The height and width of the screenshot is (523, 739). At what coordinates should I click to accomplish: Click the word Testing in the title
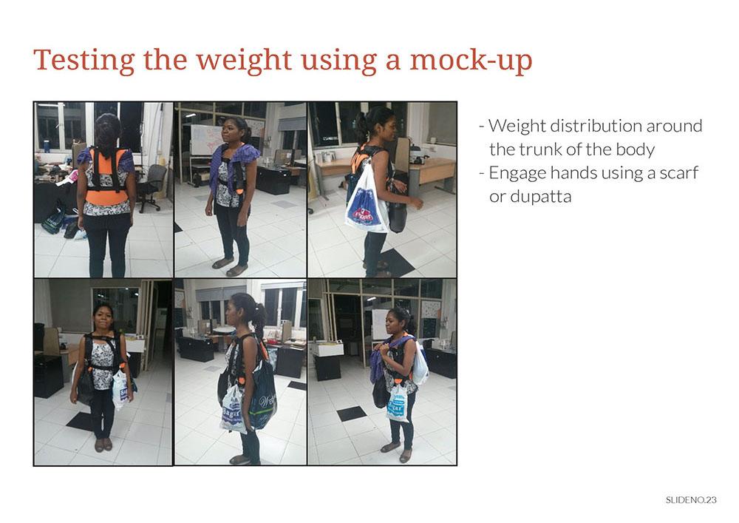[x=84, y=61]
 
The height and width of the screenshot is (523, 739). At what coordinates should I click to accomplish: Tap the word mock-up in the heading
[x=471, y=61]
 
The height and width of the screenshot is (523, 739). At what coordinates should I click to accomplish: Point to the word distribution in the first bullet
[x=596, y=126]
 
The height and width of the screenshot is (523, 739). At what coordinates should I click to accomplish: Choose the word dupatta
[x=530, y=197]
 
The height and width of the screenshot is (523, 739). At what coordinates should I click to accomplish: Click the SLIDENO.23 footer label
[x=691, y=500]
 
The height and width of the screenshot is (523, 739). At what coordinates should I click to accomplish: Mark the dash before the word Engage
[x=482, y=174]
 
